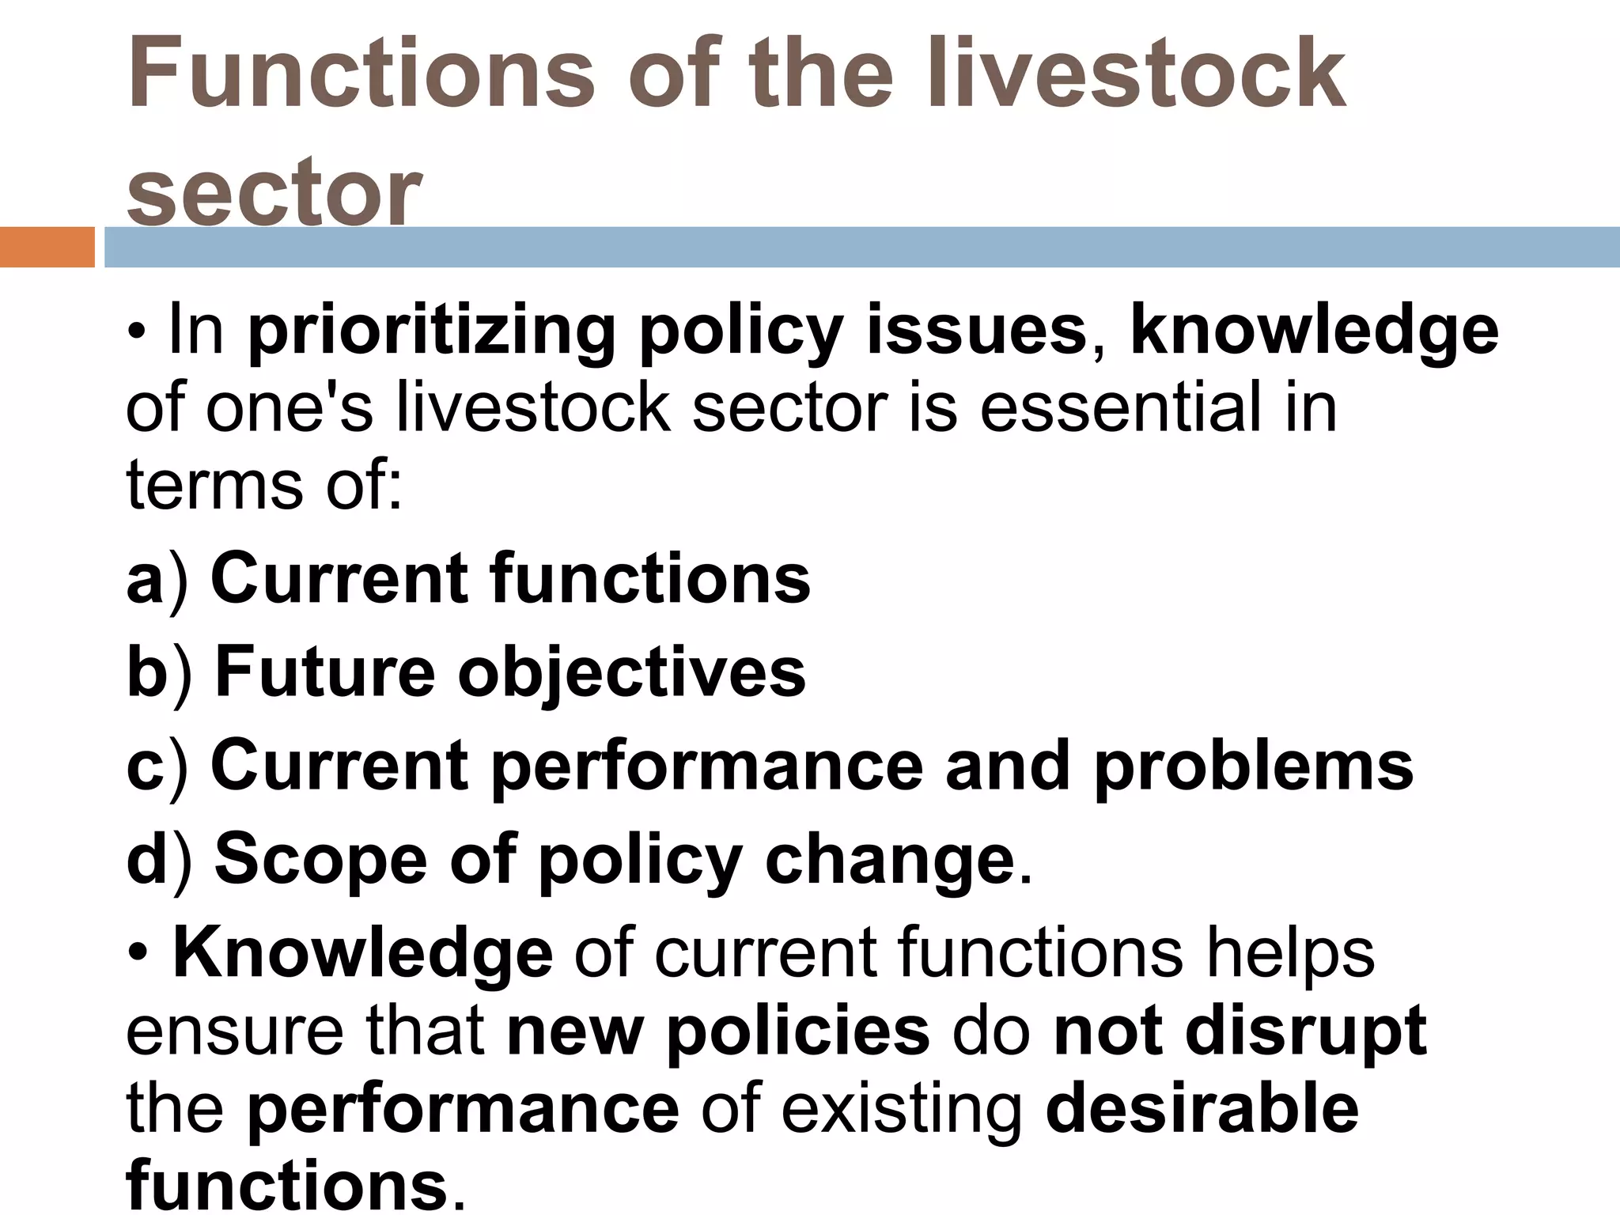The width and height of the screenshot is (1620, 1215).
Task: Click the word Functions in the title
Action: coord(360,73)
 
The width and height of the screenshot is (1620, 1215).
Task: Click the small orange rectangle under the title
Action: coord(47,247)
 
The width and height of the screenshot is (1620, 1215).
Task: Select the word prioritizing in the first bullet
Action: coord(432,331)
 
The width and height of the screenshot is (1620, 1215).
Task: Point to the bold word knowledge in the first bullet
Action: coord(1314,331)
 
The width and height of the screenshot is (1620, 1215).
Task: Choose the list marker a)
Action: coord(157,580)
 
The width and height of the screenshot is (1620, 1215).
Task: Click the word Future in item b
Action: coord(325,672)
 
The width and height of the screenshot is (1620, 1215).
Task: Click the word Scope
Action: coord(320,861)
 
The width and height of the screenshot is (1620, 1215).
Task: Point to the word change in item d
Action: coord(889,861)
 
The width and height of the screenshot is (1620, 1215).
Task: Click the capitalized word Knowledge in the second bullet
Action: coord(362,953)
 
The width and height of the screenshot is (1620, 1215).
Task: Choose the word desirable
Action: coord(1202,1109)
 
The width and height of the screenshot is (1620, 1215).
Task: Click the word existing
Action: coord(902,1109)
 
